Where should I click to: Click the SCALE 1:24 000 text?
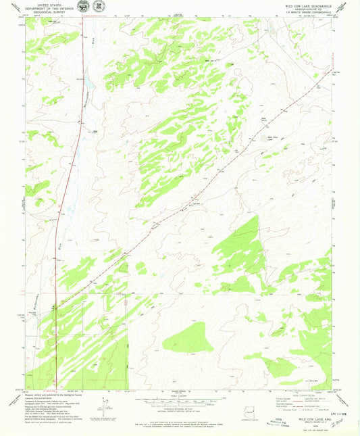tap(180, 396)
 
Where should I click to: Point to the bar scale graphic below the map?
tap(180, 401)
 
